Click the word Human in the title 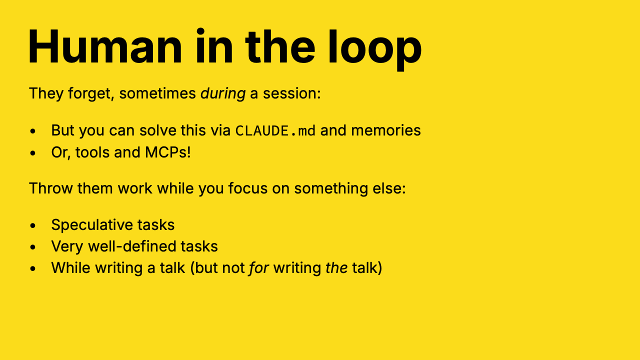pos(105,46)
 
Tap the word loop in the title pos(374,49)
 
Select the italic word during pos(223,93)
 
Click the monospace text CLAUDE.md pos(275,130)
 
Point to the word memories pos(385,130)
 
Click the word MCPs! pos(167,152)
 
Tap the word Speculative pos(92,225)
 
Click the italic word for pos(258,267)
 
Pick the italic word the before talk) pos(336,267)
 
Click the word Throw pos(51,188)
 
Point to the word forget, pos(91,93)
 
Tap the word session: pos(291,93)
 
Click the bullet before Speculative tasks pos(33,225)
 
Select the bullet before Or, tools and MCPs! pos(33,153)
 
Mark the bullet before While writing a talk pos(33,268)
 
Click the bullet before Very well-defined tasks pos(33,247)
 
